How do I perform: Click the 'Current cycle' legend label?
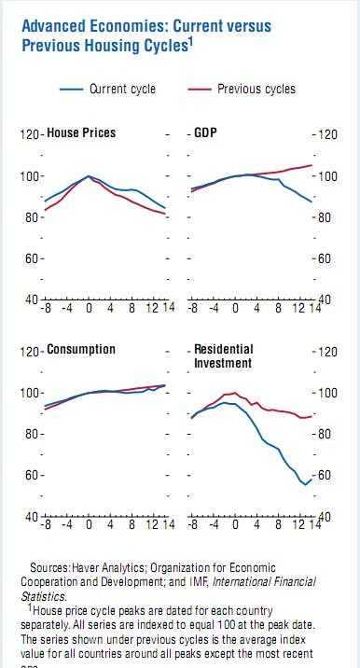click(123, 90)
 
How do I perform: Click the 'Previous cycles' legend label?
click(256, 90)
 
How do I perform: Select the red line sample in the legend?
click(196, 90)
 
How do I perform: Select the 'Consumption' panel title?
click(81, 350)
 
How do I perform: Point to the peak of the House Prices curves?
click(89, 175)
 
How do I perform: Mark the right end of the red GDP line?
click(312, 165)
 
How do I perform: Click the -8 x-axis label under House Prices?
click(47, 308)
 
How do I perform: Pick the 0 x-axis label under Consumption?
click(89, 524)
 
